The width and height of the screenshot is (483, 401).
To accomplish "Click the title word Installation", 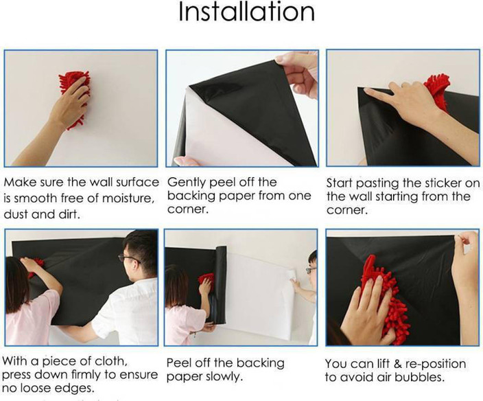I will coord(246,12).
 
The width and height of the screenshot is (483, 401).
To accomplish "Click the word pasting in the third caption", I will coord(390,183).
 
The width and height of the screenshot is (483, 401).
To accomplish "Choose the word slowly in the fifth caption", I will coord(224,376).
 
